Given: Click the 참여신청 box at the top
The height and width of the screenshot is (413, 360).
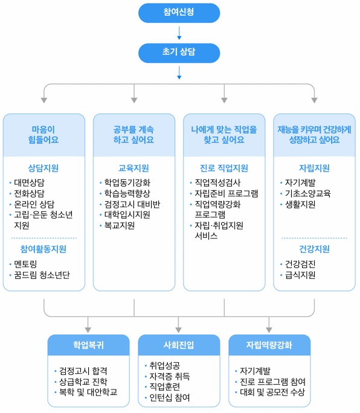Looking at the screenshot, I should (x=179, y=12).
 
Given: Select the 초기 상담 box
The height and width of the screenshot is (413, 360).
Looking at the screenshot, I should (x=179, y=53).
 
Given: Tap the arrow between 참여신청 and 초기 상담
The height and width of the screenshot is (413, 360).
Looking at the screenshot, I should (x=179, y=33).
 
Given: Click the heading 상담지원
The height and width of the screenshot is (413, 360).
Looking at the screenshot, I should (x=43, y=168).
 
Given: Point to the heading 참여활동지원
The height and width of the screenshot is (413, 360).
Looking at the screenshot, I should (x=43, y=249).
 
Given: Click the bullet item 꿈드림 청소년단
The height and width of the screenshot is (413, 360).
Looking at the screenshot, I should (x=42, y=275).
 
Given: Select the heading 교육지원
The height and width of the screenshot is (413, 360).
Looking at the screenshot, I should (x=133, y=168).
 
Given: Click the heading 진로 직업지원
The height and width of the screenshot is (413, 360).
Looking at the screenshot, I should (x=223, y=168).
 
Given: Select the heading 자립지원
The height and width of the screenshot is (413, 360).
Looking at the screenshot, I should (x=314, y=168).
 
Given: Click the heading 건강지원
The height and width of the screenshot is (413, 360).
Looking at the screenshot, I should (x=314, y=249).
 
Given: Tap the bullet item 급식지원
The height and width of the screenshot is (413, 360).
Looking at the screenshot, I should (x=300, y=275).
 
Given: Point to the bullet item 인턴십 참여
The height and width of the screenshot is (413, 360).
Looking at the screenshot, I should (x=170, y=397).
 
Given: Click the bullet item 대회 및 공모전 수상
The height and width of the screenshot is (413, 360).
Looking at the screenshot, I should (x=272, y=392).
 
